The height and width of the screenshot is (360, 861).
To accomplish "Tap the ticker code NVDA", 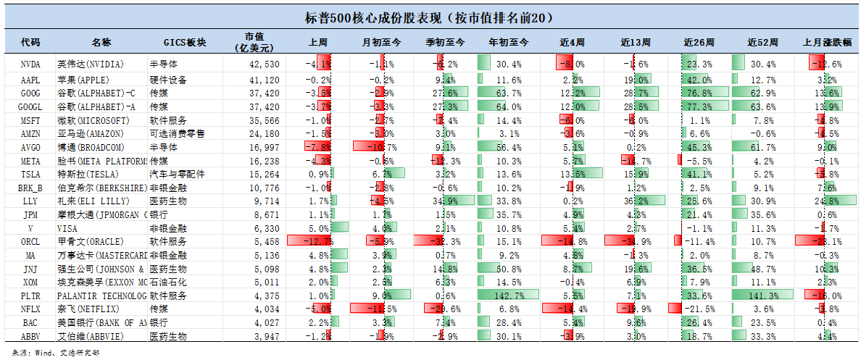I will coord(30,64).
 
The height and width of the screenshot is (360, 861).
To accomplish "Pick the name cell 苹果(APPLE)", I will coord(84,80).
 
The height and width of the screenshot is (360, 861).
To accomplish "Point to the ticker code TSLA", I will coord(30,175).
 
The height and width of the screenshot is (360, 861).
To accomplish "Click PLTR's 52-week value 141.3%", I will coord(761,296).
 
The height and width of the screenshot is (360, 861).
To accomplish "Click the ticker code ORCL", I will coord(30,241).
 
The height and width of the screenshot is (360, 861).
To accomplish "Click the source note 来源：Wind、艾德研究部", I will coord(51,353).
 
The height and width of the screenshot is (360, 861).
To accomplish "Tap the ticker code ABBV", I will coord(30,336).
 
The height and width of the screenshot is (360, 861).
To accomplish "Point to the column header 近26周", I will coord(699,43).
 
